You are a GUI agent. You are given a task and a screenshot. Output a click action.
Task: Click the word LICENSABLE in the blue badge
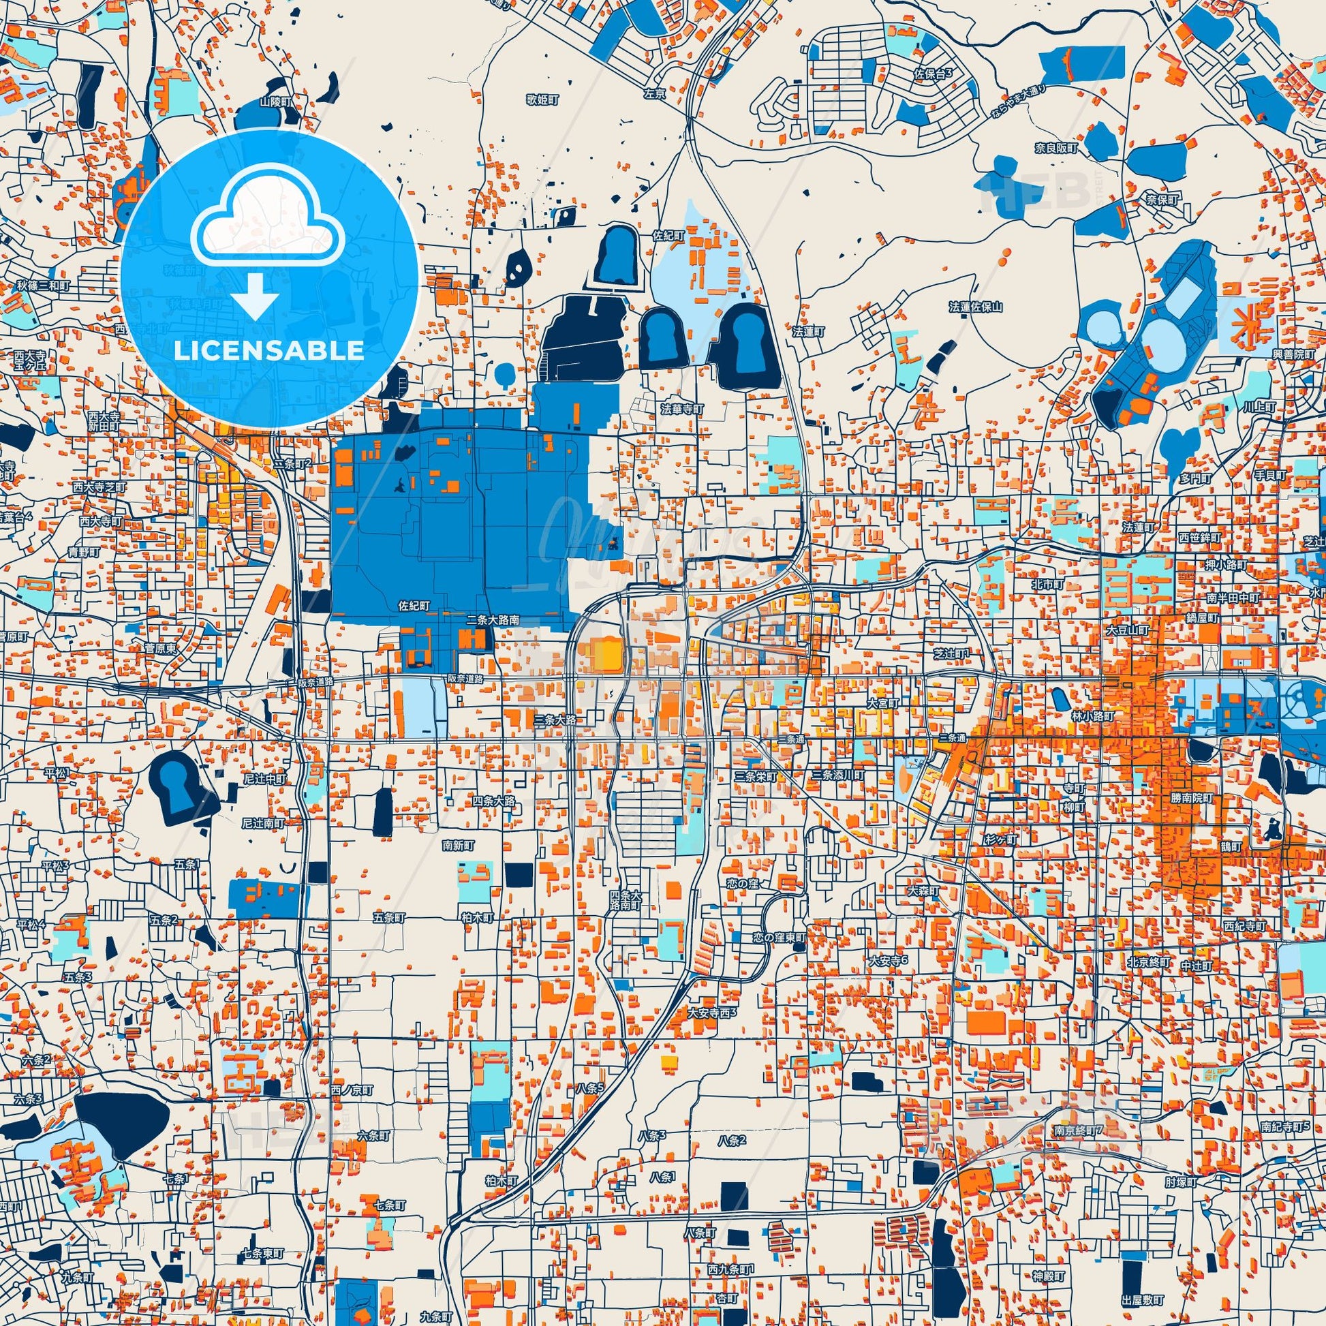(x=269, y=351)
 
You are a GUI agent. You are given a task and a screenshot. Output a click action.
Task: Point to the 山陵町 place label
(x=275, y=102)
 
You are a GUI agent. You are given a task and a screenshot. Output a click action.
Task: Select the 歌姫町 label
(x=543, y=100)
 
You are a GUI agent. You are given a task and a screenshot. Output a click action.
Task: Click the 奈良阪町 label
(x=1058, y=149)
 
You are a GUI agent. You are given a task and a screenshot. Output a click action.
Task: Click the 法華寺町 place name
(x=682, y=409)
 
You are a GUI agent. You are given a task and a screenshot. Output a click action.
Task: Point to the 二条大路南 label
(x=492, y=619)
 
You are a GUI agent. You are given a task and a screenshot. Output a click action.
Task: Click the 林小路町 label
(x=1094, y=716)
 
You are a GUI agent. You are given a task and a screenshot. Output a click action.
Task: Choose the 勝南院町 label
(x=1192, y=799)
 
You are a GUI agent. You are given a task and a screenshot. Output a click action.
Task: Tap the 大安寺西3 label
(x=713, y=1013)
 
